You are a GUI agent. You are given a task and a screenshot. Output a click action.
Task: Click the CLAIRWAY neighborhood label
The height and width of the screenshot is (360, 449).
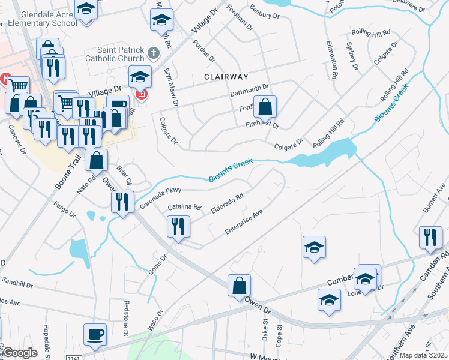(x=226, y=77)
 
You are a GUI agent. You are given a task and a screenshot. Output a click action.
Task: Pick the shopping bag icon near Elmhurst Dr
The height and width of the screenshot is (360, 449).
(x=265, y=108)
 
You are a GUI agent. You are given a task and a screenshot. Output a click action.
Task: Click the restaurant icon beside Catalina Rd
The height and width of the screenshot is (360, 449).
(x=178, y=226)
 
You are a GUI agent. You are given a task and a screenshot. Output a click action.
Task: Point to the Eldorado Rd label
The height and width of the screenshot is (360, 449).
(x=228, y=203)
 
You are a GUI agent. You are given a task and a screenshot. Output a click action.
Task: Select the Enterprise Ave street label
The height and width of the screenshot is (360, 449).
(x=244, y=221)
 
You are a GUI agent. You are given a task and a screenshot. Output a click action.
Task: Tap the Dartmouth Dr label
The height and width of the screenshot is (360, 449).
(x=252, y=91)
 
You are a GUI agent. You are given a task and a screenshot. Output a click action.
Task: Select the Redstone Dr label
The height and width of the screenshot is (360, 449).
(x=127, y=317)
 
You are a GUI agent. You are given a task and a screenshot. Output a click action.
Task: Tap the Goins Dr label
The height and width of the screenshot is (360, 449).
(x=157, y=264)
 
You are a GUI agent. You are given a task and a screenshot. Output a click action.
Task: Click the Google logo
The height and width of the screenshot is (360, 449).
(x=20, y=353)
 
